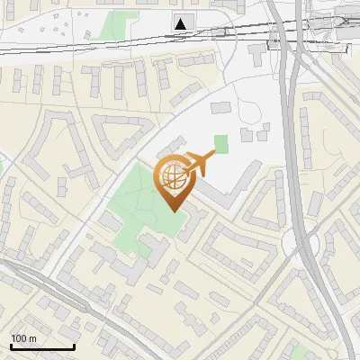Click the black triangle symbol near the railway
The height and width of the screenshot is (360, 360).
click(182, 23)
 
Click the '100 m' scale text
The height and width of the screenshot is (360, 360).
click(23, 338)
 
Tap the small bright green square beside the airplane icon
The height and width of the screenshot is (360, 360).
click(221, 142)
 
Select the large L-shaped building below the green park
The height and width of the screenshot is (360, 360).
click(126, 261)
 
